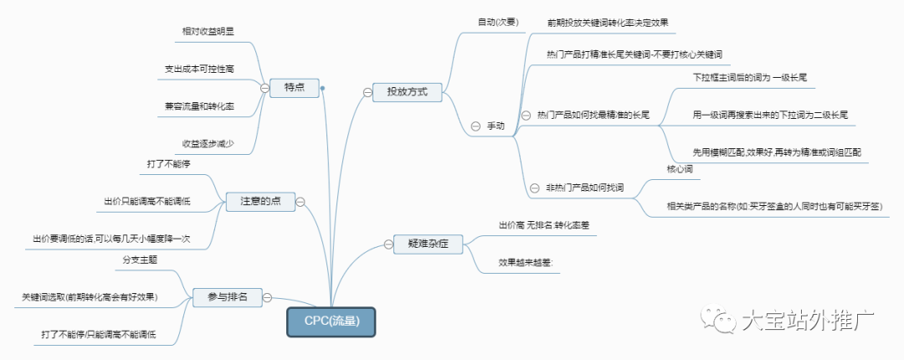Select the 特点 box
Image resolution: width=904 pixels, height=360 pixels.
294,87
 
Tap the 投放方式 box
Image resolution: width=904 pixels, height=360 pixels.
407,92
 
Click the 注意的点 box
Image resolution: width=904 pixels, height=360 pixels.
260,201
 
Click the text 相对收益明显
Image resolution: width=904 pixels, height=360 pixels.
208,31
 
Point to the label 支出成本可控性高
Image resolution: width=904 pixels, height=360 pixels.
199,69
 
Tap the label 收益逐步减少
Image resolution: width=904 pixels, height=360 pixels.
208,143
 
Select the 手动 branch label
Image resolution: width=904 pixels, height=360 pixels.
496,126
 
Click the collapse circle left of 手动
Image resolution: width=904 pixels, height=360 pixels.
475,126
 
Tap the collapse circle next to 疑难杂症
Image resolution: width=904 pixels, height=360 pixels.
388,244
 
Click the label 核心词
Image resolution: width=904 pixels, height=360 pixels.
680,169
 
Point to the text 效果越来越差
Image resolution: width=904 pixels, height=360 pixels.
526,262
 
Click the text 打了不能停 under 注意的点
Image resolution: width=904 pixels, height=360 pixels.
169,163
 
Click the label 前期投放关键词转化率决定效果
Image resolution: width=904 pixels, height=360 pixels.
607,23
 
